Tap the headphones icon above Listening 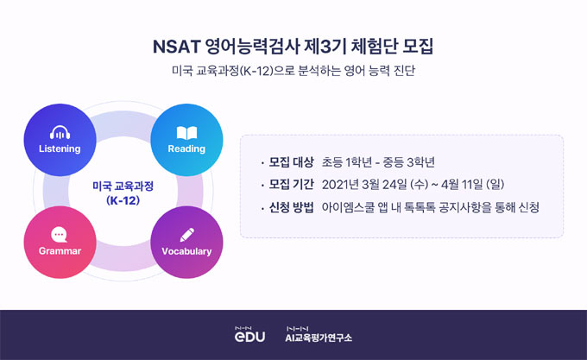click(60, 133)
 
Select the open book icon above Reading click(187, 133)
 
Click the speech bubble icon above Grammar click(59, 234)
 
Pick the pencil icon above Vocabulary click(187, 234)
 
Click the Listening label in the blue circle click(60, 148)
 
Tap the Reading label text click(186, 148)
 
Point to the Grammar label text click(60, 251)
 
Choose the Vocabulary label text click(186, 251)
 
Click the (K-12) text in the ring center click(123, 200)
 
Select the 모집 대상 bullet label click(291, 161)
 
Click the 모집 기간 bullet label click(291, 184)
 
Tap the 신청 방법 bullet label click(291, 206)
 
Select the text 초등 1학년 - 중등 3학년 click(377, 161)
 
